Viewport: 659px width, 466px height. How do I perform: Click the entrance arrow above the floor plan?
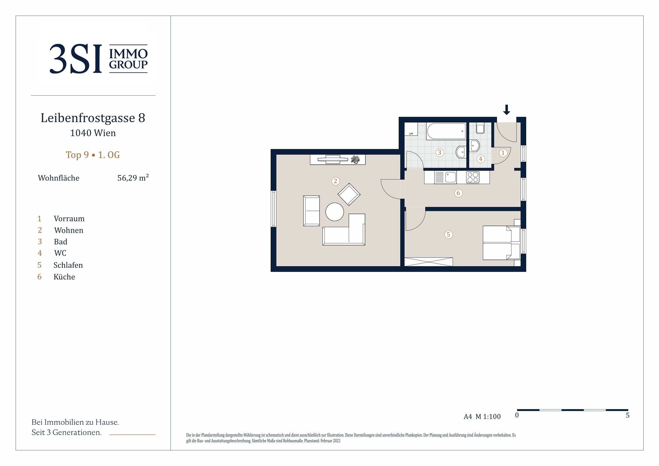click(507, 110)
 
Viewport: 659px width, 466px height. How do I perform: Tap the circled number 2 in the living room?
click(335, 181)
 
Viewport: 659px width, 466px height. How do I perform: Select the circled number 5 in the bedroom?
click(448, 235)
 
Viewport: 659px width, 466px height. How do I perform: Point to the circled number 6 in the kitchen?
click(458, 193)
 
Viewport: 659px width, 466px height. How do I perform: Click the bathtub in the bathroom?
click(446, 132)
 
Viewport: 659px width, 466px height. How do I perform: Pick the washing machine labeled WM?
click(411, 129)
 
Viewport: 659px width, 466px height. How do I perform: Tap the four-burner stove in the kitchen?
click(473, 177)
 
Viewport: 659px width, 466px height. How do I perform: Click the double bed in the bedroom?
click(501, 243)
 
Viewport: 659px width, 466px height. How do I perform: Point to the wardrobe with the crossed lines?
click(428, 262)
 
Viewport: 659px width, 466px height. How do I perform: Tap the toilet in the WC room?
click(480, 128)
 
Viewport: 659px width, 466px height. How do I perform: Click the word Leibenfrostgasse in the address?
click(88, 118)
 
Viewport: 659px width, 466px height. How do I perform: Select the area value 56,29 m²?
click(133, 178)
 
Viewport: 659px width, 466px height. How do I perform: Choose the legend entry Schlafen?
click(68, 265)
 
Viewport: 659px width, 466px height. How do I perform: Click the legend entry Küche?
click(64, 277)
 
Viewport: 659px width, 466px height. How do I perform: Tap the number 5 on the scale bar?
click(628, 415)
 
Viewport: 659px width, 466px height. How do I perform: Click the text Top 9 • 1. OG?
click(93, 155)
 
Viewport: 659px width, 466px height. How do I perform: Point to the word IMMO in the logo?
click(128, 53)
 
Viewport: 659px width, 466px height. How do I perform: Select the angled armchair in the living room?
click(349, 194)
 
